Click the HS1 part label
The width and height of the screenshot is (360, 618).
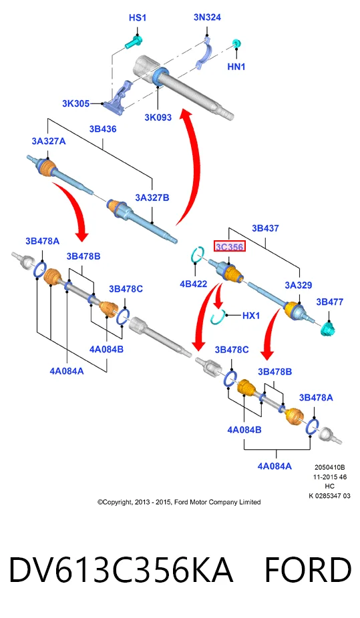coord(137,18)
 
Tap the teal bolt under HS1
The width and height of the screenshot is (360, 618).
coord(134,42)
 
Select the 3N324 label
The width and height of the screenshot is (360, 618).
coord(207,17)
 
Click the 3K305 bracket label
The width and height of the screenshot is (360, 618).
coord(75,103)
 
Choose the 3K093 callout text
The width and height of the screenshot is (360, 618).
coord(158,117)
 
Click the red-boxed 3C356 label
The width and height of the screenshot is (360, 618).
coord(230,247)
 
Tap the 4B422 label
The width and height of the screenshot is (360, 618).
coord(193,284)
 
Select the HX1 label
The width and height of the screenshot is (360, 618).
coord(250,315)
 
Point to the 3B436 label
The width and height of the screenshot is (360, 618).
coord(102,129)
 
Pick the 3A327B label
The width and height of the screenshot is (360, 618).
coord(152,198)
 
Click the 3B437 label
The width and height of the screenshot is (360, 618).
coord(265,228)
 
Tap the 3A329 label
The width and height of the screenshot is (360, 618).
coord(299,285)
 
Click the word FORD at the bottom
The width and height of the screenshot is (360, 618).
coord(307,570)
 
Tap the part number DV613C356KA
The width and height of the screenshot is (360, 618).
coord(121,570)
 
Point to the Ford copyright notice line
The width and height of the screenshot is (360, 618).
coord(179,502)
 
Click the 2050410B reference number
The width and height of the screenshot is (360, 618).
coord(330,467)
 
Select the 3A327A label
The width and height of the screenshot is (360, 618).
coord(49,141)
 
